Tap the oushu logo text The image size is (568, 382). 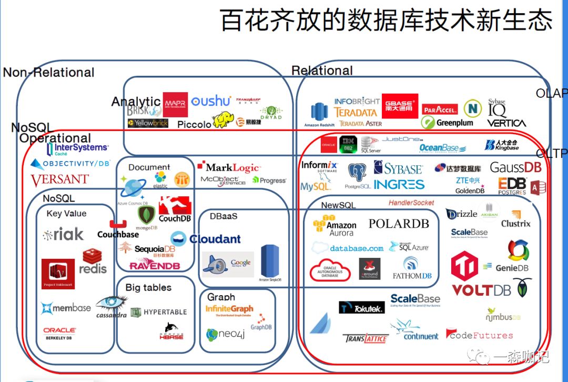pos(211,101)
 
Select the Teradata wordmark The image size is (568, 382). pos(356,112)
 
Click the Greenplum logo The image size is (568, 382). pos(448,123)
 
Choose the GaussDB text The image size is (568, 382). pos(515,167)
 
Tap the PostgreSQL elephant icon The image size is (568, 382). pos(357,173)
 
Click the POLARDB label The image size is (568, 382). pos(399,224)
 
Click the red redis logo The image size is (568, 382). pos(93,262)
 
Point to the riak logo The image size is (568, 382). pos(64,235)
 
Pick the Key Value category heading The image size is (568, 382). pos(66,214)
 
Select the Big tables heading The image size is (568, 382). pos(148,287)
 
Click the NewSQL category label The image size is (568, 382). pos(338,205)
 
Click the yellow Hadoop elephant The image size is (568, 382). pos(223,119)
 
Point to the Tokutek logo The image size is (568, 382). pos(362,308)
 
